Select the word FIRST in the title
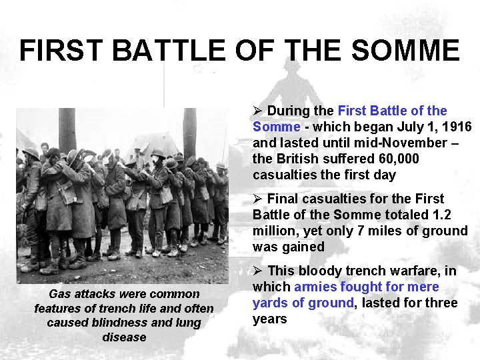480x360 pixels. pyautogui.click(x=59, y=51)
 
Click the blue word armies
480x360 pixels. pyautogui.click(x=316, y=287)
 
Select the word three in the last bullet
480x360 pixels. pyautogui.click(x=441, y=303)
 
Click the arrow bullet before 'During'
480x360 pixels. pyautogui.click(x=257, y=111)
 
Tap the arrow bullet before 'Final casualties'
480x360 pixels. pyautogui.click(x=257, y=199)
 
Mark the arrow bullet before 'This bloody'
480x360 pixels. pyautogui.click(x=257, y=271)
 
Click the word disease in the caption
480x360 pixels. pyautogui.click(x=124, y=337)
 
